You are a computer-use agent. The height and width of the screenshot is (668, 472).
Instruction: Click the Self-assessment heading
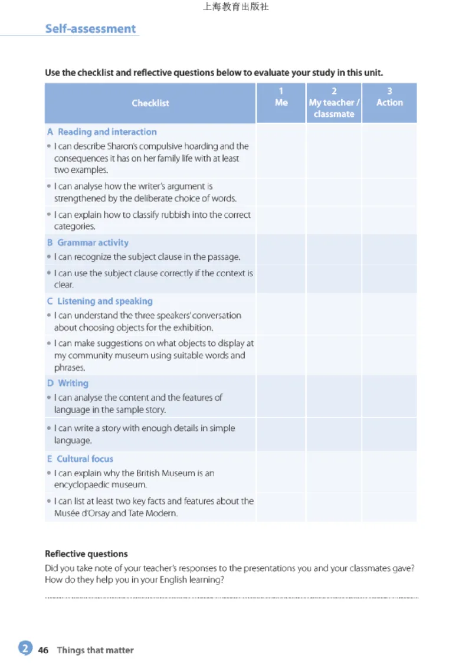tap(90, 29)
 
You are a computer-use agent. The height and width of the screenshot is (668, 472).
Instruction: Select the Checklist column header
tap(150, 103)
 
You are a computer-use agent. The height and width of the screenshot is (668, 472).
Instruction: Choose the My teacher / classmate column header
tap(334, 103)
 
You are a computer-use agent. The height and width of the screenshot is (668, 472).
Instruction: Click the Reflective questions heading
tap(86, 554)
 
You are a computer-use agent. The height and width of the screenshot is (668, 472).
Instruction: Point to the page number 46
tap(43, 650)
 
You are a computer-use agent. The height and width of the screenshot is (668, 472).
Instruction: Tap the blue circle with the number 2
tap(25, 649)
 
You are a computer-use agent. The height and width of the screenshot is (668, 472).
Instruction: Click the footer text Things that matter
tap(95, 650)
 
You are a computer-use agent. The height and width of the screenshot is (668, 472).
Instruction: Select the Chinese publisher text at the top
tap(235, 8)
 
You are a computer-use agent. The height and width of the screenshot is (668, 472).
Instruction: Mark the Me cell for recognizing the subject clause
tap(281, 257)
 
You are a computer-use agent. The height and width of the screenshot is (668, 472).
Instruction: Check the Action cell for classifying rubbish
tap(389, 220)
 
